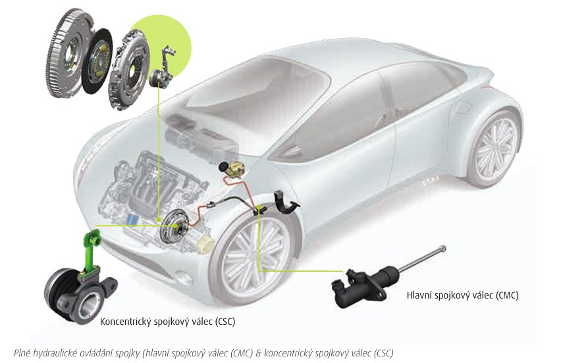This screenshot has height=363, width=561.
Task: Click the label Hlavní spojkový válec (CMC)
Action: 462,295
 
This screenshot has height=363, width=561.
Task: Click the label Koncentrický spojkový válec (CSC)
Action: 167,322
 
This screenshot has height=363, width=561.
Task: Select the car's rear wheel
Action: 494,148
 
